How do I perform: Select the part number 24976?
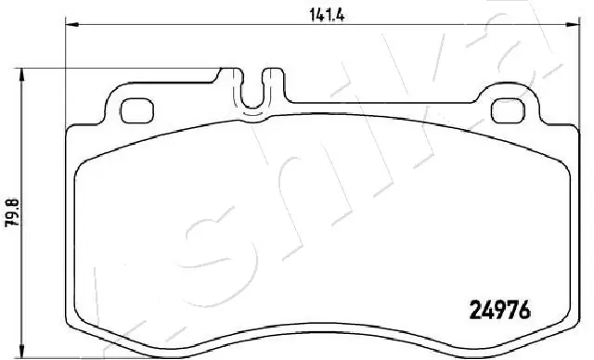pyautogui.click(x=496, y=312)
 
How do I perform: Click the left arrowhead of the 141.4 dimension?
pyautogui.click(x=68, y=22)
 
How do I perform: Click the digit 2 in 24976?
pyautogui.click(x=469, y=312)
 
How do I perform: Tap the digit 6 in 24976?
pyautogui.click(x=523, y=312)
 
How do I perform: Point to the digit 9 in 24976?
pyautogui.click(x=496, y=312)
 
